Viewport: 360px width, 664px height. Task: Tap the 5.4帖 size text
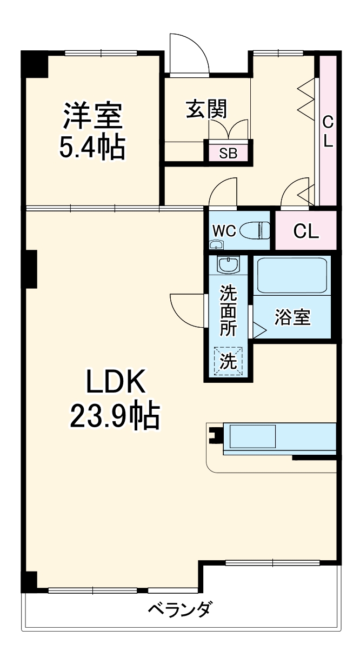(x=92, y=147)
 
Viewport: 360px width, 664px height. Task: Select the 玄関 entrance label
(x=207, y=109)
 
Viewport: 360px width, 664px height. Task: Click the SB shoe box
(x=228, y=153)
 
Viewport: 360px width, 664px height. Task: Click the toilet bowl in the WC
(x=255, y=230)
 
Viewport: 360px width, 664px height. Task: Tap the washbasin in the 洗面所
(x=228, y=264)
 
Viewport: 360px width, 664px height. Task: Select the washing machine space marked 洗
(x=228, y=361)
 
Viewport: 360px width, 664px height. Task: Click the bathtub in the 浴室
(x=292, y=275)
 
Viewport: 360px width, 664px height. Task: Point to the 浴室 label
(x=292, y=317)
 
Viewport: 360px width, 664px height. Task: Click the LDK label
(x=116, y=381)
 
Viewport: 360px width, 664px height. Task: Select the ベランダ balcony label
(x=180, y=609)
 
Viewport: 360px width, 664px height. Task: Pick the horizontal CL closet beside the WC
(x=306, y=230)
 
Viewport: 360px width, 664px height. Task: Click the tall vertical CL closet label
(x=328, y=132)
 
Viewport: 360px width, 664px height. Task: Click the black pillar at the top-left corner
(x=34, y=64)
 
